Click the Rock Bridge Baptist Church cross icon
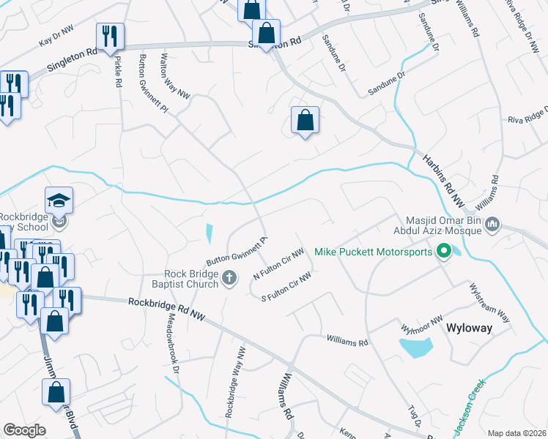(229, 277)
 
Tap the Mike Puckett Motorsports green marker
(443, 252)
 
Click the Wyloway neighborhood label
(469, 329)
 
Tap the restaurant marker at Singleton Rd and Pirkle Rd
(110, 36)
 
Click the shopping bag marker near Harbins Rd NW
(305, 120)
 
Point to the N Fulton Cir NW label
(278, 265)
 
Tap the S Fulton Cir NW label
(286, 286)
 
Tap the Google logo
(24, 430)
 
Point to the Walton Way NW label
(175, 75)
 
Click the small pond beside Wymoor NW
(416, 347)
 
